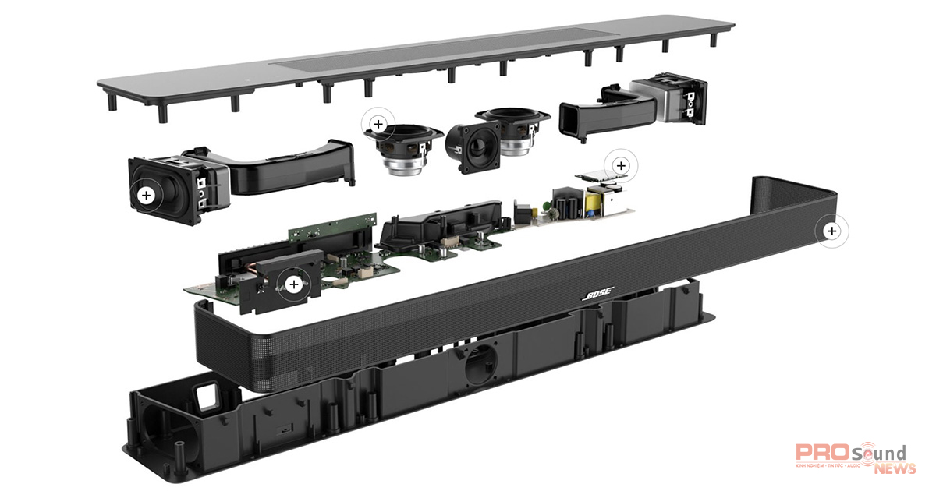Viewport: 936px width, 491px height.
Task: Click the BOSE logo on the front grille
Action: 597,295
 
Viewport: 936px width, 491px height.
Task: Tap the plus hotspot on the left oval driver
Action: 145,195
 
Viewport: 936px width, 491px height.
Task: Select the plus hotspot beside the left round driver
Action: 378,123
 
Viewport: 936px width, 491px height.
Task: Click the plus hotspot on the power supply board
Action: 621,165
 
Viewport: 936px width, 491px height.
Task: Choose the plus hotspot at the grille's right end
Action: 831,231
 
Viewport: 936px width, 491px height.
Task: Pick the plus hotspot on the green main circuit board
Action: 294,285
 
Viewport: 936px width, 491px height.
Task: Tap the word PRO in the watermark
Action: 816,454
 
